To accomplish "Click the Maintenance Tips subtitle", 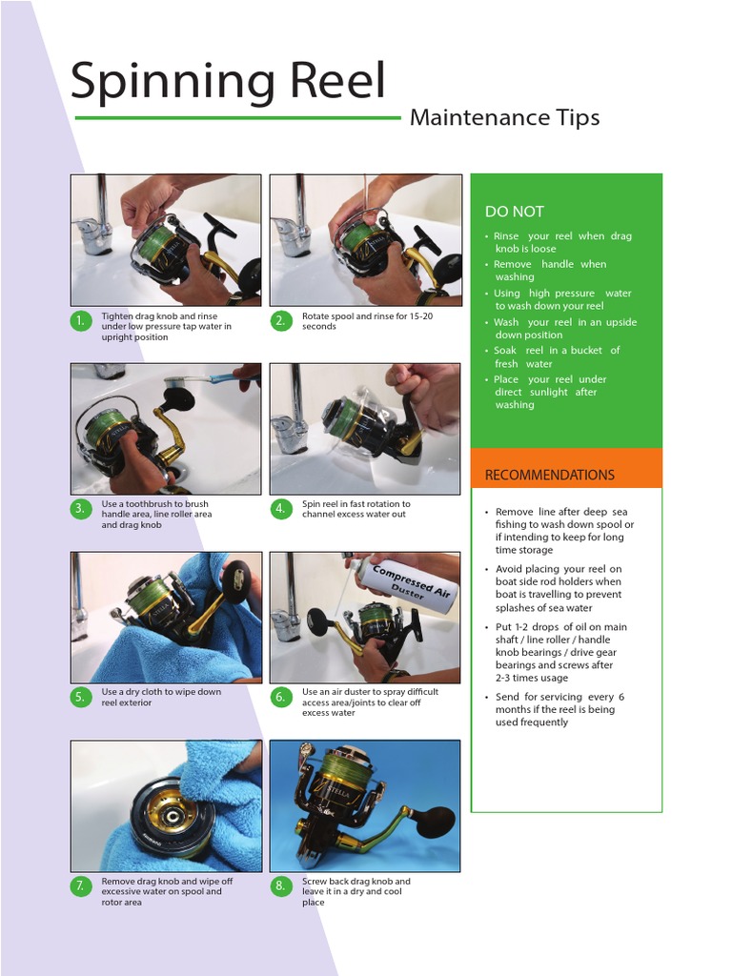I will pyautogui.click(x=504, y=118).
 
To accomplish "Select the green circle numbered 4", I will pyautogui.click(x=280, y=509).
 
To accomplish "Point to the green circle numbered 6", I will pyautogui.click(x=280, y=697).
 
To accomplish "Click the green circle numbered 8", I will pyautogui.click(x=280, y=886).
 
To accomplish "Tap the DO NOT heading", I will pyautogui.click(x=515, y=212).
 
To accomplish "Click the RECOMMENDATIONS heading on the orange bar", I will pyautogui.click(x=550, y=475).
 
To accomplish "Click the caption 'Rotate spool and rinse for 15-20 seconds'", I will pyautogui.click(x=366, y=321).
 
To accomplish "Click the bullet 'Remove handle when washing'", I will pyautogui.click(x=550, y=271).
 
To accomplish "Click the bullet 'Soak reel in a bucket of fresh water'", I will pyautogui.click(x=557, y=356).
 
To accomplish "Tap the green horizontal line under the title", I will pyautogui.click(x=237, y=118).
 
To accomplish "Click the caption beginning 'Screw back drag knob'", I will pyautogui.click(x=356, y=891).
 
